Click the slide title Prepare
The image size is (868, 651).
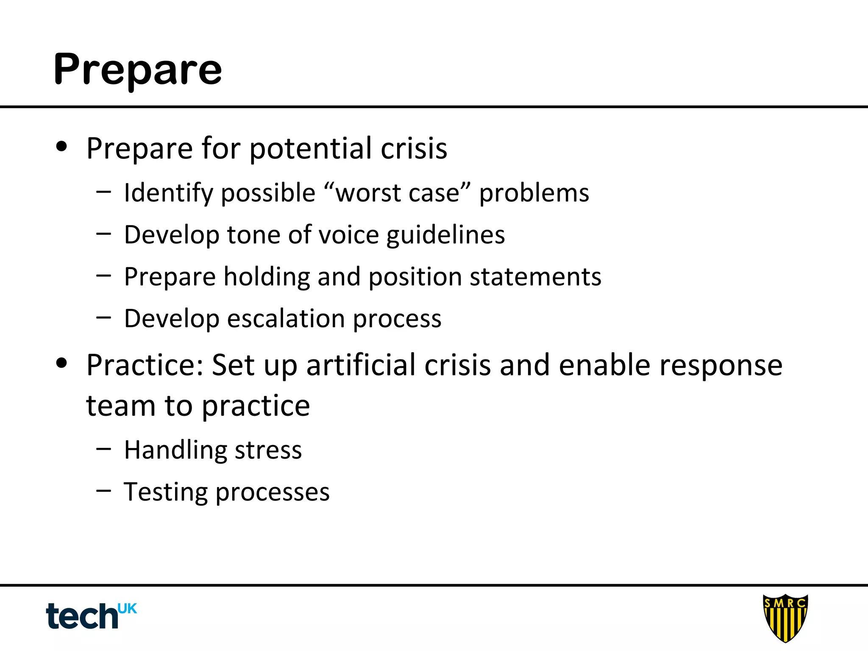tap(137, 70)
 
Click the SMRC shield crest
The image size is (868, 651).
tap(785, 617)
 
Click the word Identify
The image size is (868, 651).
tap(168, 193)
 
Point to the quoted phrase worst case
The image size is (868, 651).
tap(397, 193)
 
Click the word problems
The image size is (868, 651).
tap(534, 193)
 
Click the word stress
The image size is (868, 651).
tap(268, 450)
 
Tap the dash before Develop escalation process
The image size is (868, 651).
tap(103, 317)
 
